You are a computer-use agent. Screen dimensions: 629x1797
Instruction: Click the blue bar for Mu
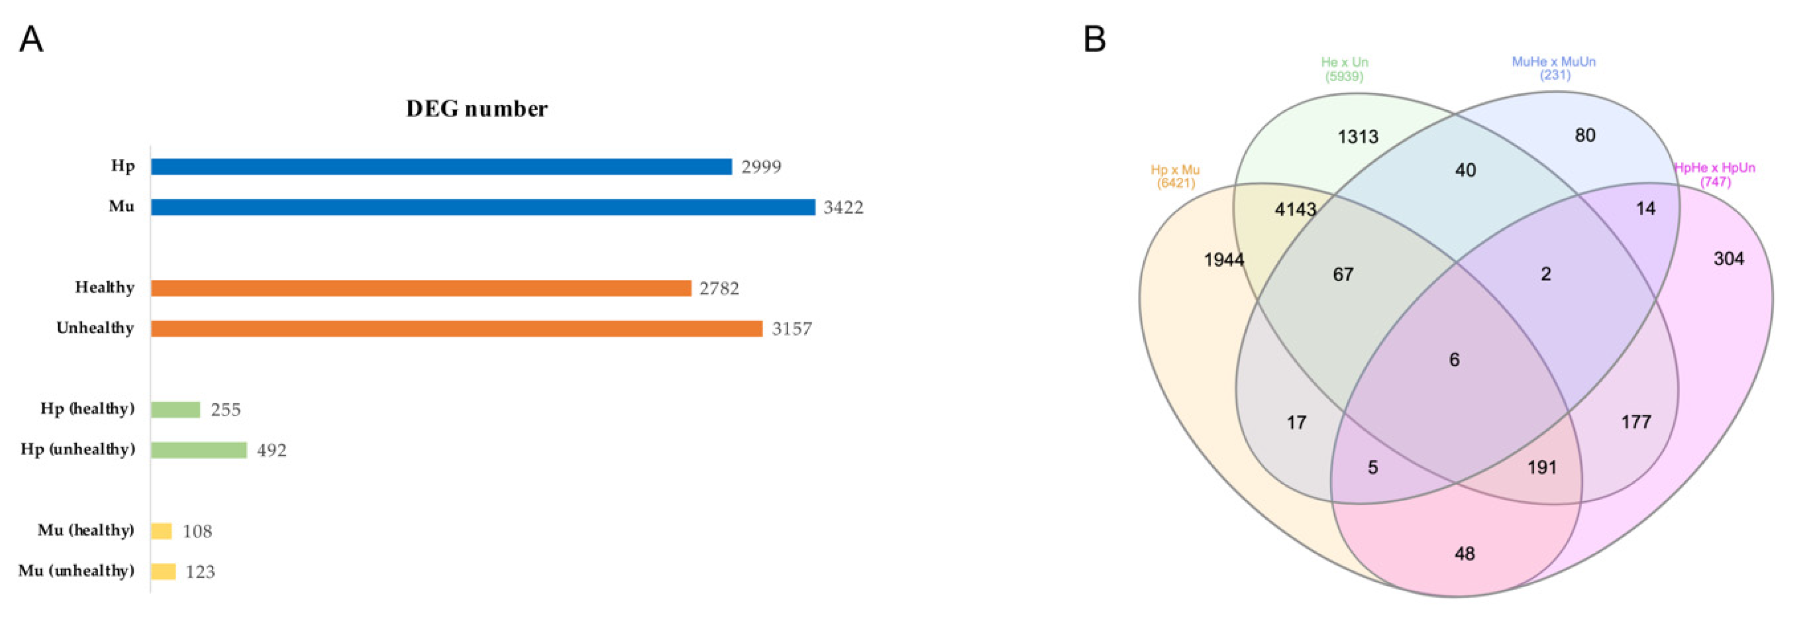click(483, 207)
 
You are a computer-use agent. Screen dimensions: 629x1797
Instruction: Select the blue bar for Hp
click(441, 167)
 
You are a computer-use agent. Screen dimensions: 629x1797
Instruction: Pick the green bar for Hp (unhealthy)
click(199, 450)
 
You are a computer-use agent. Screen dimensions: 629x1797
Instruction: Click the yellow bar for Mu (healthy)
click(161, 531)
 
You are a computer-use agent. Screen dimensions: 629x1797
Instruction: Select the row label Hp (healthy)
click(87, 408)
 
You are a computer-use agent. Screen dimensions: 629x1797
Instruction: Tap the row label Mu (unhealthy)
click(76, 571)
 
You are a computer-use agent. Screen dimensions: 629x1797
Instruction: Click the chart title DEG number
click(477, 109)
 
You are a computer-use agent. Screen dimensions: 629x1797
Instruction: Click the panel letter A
click(31, 40)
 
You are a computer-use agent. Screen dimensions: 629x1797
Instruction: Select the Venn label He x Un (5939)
click(1344, 69)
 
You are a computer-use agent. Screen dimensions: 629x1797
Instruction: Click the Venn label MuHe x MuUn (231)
click(1554, 68)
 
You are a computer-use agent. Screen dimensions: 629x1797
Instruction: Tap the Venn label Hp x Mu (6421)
click(1175, 176)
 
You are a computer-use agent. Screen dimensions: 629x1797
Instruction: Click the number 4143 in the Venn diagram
click(1295, 209)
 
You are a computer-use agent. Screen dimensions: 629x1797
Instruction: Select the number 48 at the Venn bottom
click(1464, 554)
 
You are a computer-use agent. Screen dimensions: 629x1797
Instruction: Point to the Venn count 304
click(1729, 259)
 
